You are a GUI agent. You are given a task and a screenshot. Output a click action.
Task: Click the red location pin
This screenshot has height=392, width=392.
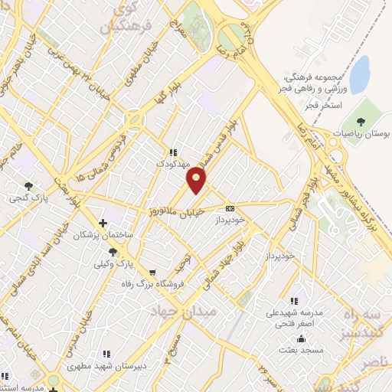197,179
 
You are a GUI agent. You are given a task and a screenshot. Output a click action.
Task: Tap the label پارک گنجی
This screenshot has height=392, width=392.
30,197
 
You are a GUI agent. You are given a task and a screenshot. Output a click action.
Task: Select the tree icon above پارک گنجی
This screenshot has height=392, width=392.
30,185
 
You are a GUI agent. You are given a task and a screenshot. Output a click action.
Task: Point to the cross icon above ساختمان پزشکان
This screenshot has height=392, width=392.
103,223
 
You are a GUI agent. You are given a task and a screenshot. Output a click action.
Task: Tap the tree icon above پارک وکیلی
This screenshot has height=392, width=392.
113,252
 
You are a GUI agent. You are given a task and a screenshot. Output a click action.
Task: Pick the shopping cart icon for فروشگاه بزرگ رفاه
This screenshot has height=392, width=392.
152,273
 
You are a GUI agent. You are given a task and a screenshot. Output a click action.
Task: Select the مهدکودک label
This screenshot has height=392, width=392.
171,164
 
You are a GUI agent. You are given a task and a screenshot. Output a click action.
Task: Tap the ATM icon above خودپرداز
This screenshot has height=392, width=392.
230,207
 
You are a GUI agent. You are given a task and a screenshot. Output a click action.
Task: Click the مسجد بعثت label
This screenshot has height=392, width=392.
301,350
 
